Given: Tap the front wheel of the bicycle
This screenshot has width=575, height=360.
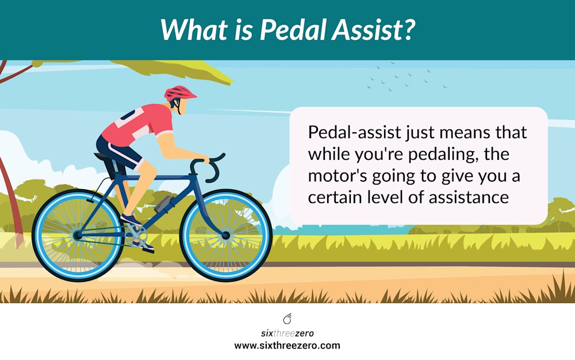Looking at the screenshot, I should point(225,235).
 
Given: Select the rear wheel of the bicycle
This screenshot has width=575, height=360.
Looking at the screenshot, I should point(78,235).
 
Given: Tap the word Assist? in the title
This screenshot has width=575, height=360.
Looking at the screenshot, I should point(373,30).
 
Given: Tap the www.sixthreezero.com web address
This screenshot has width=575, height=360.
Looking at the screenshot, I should point(287,346).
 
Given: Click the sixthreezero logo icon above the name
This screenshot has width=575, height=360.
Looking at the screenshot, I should point(287,319).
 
